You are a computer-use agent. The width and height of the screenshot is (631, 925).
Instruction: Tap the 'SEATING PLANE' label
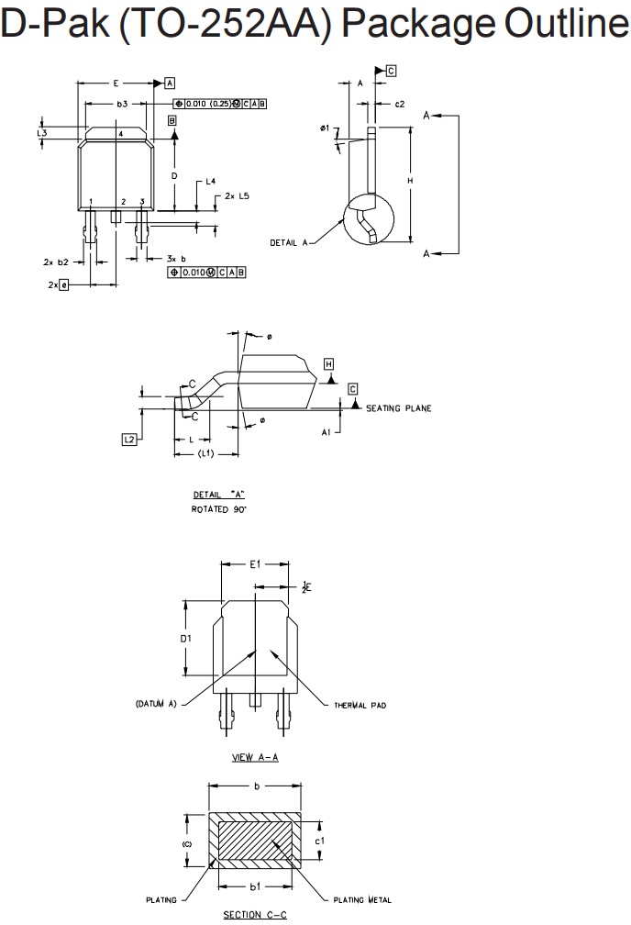[x=398, y=408]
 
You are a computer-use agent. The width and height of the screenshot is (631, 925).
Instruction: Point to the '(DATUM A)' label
[x=155, y=704]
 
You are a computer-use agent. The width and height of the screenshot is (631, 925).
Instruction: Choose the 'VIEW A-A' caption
[x=256, y=757]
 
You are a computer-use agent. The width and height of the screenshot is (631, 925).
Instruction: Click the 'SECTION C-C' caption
[x=255, y=915]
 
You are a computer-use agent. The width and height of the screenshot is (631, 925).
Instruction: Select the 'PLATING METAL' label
[x=361, y=900]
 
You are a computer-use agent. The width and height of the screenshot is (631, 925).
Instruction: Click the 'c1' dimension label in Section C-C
[x=319, y=839]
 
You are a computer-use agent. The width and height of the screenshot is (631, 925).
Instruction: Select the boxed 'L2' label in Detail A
[x=129, y=440]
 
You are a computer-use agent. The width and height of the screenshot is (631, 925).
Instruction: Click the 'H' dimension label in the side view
[x=410, y=182]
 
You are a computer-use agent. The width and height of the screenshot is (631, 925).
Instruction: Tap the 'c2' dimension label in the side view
[x=400, y=105]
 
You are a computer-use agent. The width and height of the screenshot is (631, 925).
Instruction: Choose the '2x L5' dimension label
[x=237, y=195]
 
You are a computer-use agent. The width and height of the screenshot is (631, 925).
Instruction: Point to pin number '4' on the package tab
[x=120, y=134]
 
